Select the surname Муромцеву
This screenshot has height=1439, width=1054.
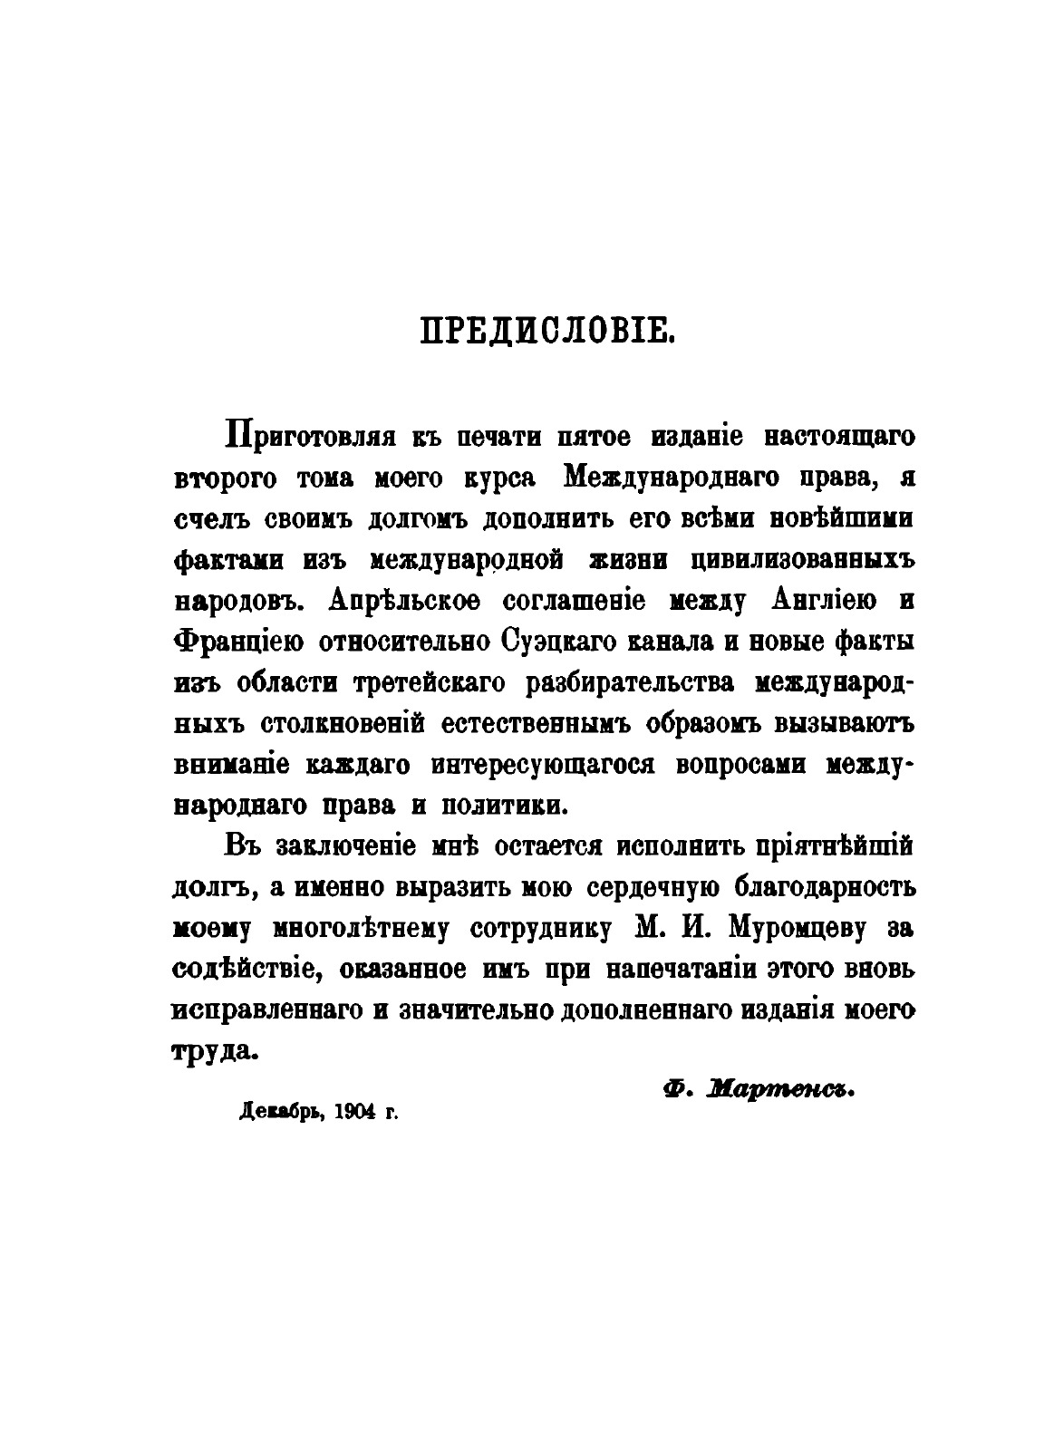(x=767, y=929)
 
